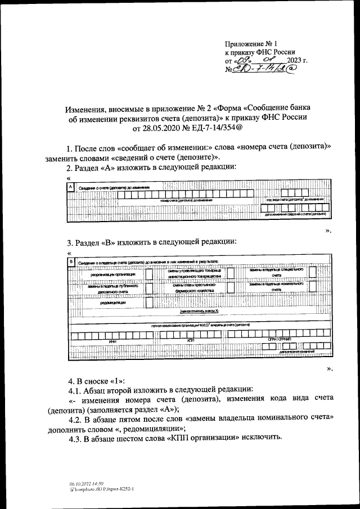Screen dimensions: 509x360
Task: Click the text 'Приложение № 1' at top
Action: point(251,43)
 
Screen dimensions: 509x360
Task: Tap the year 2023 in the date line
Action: point(295,61)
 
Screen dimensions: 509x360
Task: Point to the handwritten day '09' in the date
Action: point(241,61)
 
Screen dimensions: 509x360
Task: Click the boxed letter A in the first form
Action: point(70,186)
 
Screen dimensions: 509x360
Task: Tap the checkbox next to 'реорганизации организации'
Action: point(149,274)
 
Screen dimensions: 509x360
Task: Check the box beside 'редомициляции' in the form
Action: point(149,303)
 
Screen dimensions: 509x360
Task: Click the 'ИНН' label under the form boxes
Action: point(112,341)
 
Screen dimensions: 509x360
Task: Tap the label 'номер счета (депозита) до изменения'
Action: point(186,200)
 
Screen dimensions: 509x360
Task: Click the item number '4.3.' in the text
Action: point(77,438)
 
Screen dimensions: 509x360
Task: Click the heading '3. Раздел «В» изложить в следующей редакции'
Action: point(151,242)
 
